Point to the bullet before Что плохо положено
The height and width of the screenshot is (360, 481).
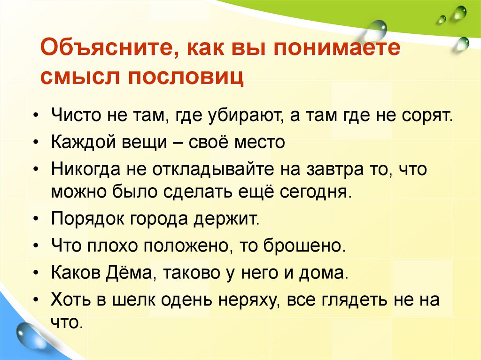(38, 246)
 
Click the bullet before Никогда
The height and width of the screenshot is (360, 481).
(38, 168)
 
